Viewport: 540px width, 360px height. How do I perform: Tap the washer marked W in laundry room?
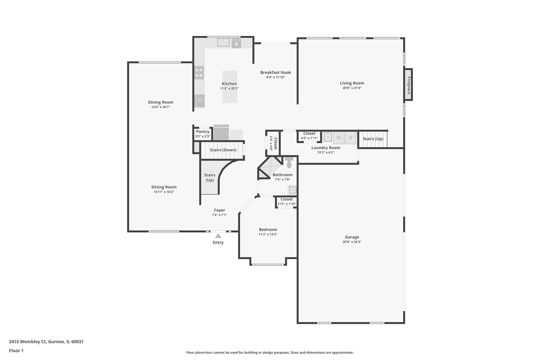coord(339,138)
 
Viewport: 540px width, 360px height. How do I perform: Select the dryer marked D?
coord(350,138)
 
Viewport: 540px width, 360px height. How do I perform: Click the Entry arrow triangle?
coord(218,236)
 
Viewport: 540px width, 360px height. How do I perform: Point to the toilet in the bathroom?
coord(289,163)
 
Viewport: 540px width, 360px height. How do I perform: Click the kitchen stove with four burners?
coord(199,73)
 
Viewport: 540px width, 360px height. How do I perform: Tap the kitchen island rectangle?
coord(230,87)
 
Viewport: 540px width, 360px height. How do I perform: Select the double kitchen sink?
coord(224,42)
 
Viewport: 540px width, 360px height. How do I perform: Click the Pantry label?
coord(203,132)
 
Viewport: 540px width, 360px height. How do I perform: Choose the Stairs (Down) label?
coord(223,150)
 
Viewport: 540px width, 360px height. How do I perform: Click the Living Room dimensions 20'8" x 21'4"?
coord(352,88)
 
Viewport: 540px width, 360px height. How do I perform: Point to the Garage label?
coord(352,237)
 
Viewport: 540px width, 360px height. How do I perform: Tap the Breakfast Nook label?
coord(276,72)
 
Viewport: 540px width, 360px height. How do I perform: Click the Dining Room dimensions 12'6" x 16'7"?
coord(161,107)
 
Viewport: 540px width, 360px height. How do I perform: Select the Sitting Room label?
coord(164,187)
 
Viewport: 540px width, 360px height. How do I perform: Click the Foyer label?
coord(219,210)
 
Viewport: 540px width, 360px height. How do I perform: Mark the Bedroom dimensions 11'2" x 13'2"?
coord(268,234)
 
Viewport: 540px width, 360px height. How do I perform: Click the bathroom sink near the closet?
coord(292,190)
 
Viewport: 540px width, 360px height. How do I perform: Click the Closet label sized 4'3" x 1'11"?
coord(309,134)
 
